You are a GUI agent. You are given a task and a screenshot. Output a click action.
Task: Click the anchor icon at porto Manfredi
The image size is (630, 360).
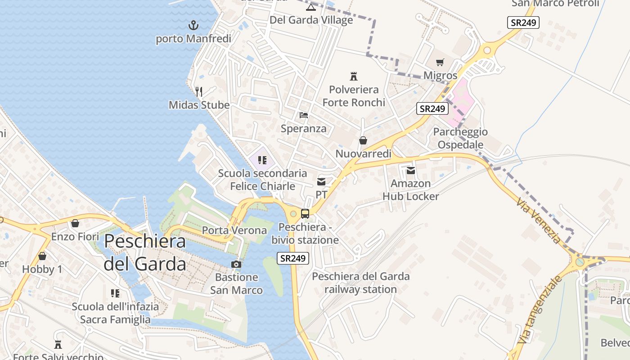point(193,25)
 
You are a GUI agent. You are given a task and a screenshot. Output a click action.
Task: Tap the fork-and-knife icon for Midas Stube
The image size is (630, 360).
point(199,92)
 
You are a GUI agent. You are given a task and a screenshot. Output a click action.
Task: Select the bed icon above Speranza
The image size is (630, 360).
point(304,115)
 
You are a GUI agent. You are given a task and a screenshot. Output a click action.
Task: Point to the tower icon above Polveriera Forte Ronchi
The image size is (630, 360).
point(354,76)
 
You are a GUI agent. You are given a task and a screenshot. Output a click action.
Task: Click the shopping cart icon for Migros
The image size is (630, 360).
point(440,63)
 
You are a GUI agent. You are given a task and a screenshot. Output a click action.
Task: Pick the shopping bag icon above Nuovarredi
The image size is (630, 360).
point(363,141)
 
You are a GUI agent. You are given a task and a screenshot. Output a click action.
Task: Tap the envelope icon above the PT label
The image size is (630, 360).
point(321,182)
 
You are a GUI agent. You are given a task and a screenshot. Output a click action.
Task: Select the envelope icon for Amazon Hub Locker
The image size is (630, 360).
point(410,171)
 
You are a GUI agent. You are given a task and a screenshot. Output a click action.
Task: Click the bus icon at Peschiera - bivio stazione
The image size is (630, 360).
point(305,214)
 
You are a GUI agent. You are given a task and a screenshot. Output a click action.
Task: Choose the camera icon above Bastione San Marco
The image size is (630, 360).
point(236,264)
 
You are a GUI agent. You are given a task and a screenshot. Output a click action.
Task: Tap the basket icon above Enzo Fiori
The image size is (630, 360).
point(75,223)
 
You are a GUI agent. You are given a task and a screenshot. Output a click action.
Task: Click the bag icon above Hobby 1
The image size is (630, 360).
point(42,256)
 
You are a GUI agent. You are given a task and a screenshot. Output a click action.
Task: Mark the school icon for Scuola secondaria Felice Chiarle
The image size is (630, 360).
point(262,160)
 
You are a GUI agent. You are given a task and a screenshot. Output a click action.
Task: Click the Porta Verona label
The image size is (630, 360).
point(234,230)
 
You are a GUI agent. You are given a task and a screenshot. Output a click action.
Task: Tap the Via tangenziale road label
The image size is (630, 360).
point(540,310)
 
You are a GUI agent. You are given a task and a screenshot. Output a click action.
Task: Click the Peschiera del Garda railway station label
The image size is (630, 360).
point(360,283)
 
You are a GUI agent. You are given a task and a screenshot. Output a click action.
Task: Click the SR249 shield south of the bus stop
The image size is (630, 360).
point(292,258)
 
